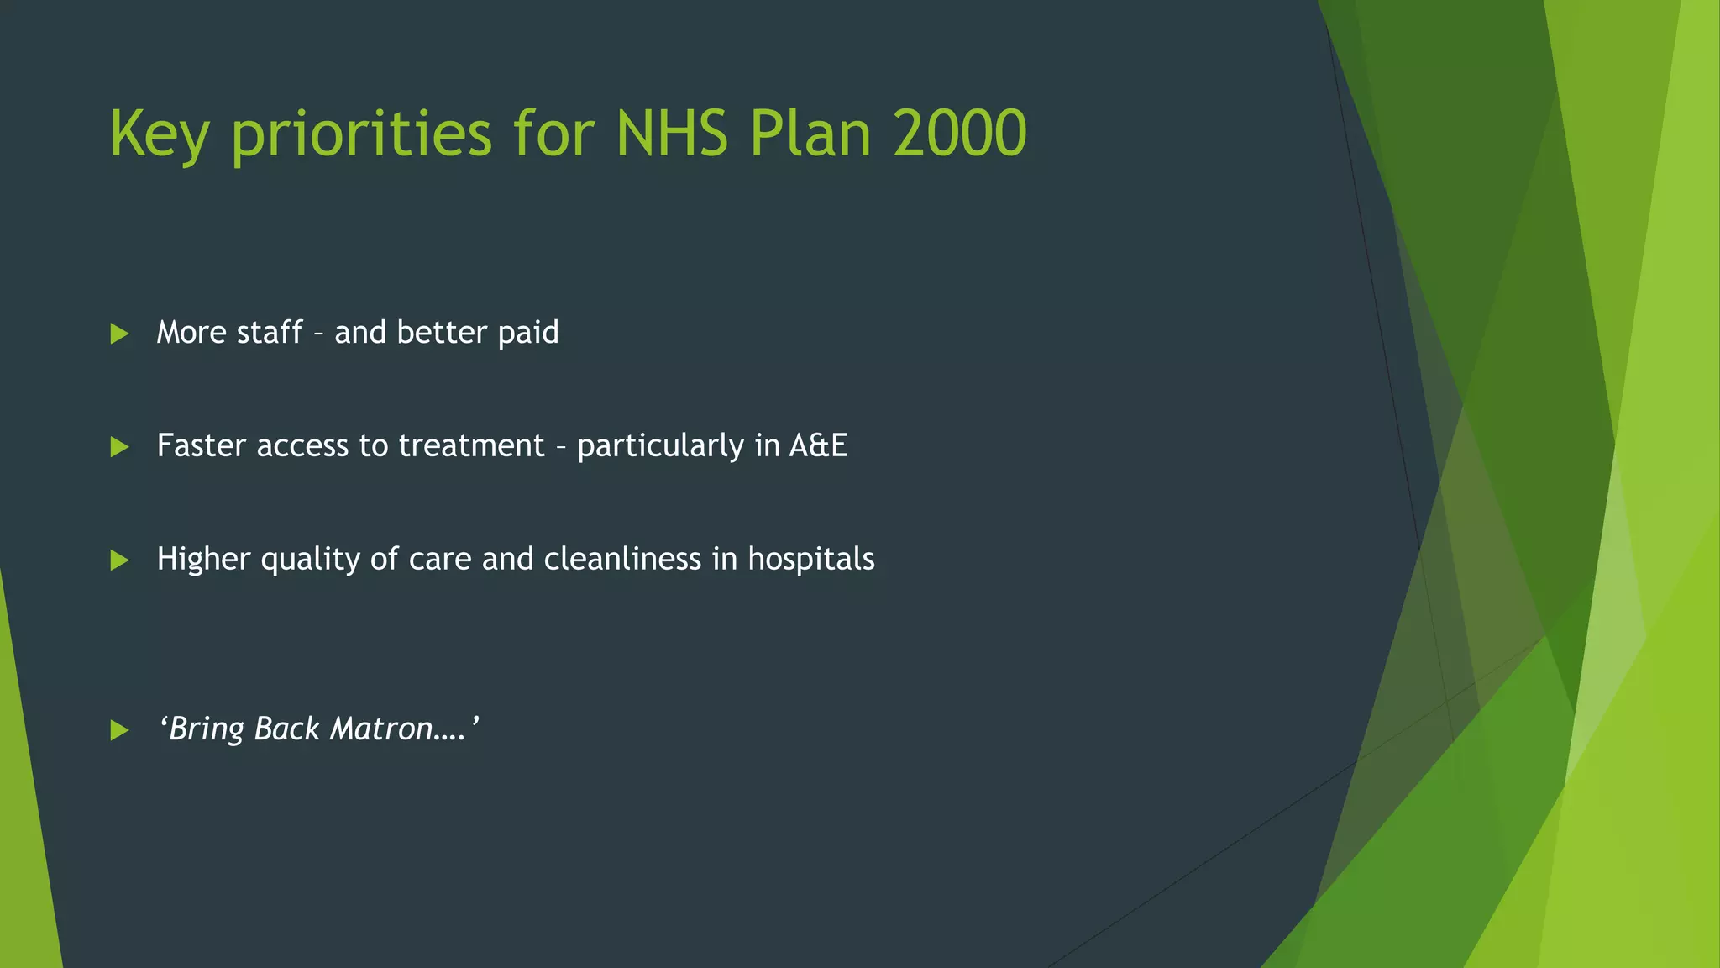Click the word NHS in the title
pyautogui.click(x=671, y=134)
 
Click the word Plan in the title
pyautogui.click(x=810, y=134)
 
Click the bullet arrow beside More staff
pyautogui.click(x=119, y=334)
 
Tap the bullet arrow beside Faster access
pyautogui.click(x=119, y=447)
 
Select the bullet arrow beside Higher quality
pyautogui.click(x=119, y=560)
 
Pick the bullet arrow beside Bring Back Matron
pyautogui.click(x=119, y=730)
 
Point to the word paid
pyautogui.click(x=527, y=334)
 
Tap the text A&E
pyautogui.click(x=818, y=445)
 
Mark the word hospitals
pyautogui.click(x=811, y=560)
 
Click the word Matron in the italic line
pyautogui.click(x=381, y=729)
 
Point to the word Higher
pyautogui.click(x=203, y=560)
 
